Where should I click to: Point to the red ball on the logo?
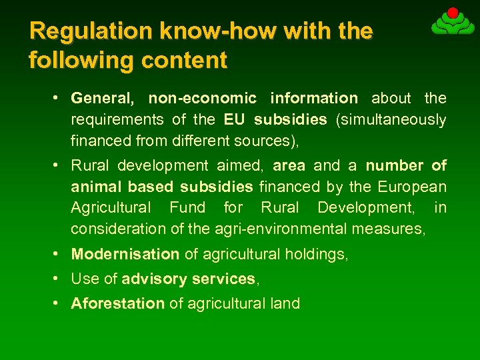(452, 13)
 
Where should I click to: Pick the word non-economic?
(202, 99)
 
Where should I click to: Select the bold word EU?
(234, 120)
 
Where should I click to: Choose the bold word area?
(289, 165)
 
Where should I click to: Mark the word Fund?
(187, 207)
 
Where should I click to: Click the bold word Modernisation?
(125, 254)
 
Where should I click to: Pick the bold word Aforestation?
(117, 304)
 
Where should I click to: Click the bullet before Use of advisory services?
(58, 278)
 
